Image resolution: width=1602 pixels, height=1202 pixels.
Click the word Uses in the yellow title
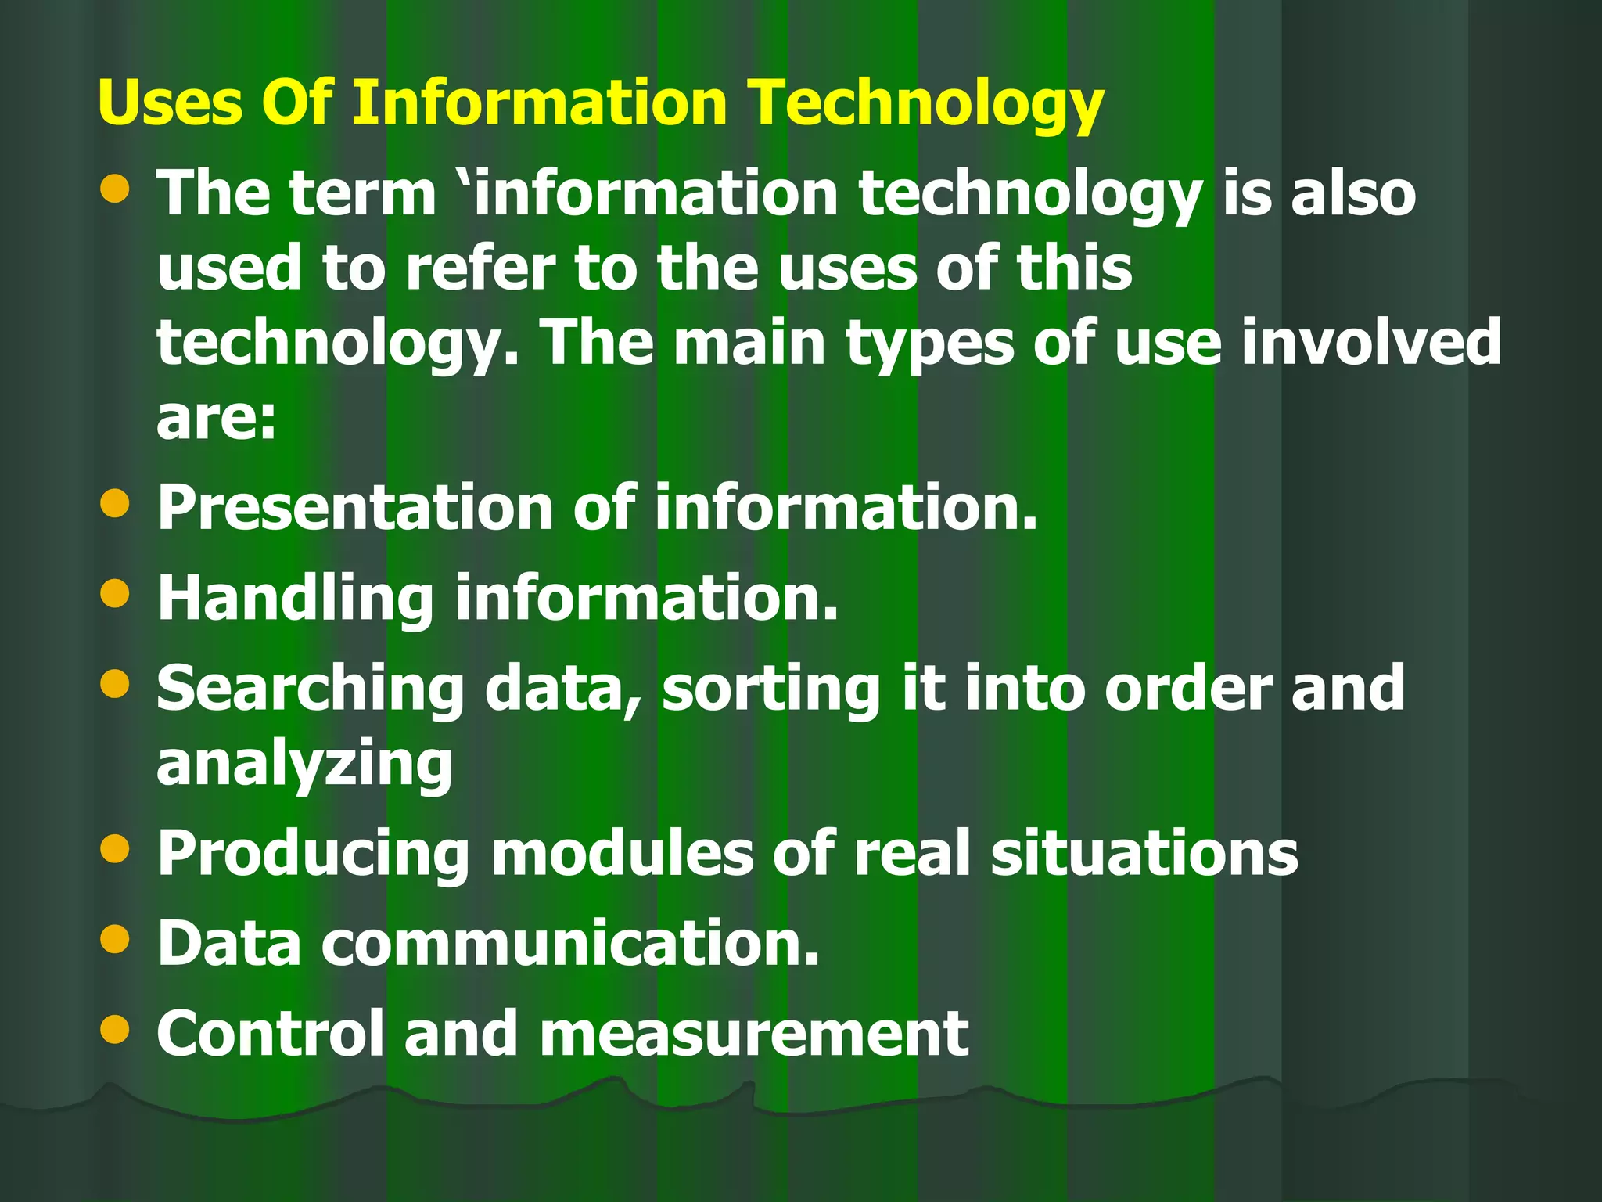(x=170, y=103)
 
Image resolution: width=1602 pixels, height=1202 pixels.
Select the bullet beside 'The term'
(x=115, y=189)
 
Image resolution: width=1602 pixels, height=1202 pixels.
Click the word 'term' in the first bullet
(x=362, y=193)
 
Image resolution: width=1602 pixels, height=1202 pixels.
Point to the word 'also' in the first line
(x=1353, y=193)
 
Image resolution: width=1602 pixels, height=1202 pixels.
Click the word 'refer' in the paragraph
(x=480, y=268)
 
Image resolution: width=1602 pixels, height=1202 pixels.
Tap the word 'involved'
(x=1371, y=342)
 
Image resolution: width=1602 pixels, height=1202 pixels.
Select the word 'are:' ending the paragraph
(x=217, y=418)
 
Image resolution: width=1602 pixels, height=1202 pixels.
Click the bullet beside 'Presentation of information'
(x=115, y=503)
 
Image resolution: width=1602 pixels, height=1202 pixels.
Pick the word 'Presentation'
(x=354, y=509)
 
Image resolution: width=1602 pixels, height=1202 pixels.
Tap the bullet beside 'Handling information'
(x=115, y=593)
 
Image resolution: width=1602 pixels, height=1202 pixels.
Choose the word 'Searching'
(x=311, y=689)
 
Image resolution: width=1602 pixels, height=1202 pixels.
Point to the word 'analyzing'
(x=304, y=765)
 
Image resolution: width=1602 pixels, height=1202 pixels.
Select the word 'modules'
(x=621, y=853)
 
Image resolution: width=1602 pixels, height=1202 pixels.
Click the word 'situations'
(x=1144, y=853)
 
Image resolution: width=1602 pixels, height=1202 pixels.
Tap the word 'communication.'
(x=570, y=943)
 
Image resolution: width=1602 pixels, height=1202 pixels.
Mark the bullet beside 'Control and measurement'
(x=115, y=1029)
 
